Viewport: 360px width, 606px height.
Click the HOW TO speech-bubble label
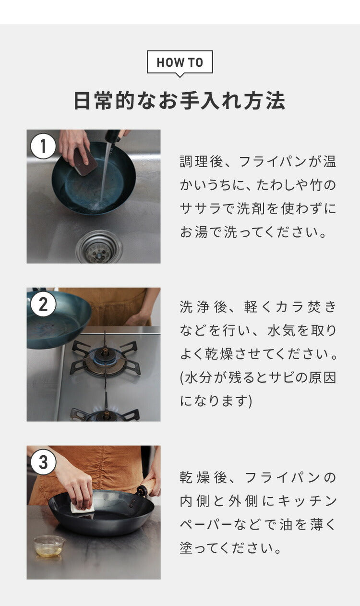coord(180,62)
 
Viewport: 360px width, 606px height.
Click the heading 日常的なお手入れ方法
coord(180,101)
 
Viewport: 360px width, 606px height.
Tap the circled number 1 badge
coord(43,146)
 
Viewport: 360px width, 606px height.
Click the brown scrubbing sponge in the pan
coord(85,161)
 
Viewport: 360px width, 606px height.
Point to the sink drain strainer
coord(99,247)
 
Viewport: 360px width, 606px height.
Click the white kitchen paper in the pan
coord(82,508)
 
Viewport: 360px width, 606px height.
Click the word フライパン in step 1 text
coord(273,162)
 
